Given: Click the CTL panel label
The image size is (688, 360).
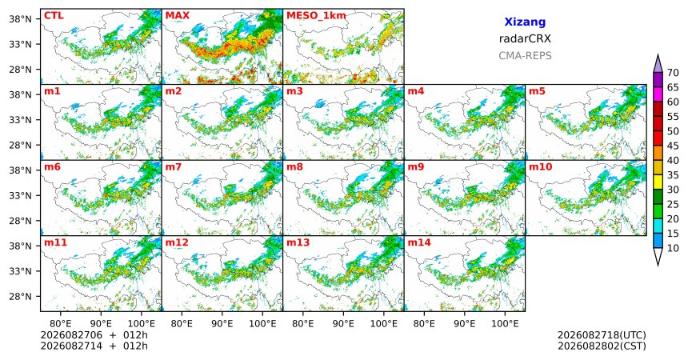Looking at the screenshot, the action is (x=54, y=16).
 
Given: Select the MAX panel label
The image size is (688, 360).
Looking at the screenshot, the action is (x=178, y=16).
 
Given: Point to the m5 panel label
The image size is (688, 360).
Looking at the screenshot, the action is (x=538, y=91).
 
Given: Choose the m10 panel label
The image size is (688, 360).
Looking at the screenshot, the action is (x=540, y=167).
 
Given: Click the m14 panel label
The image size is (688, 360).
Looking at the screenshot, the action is (x=419, y=242).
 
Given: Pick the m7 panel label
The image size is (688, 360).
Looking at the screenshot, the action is (x=174, y=167).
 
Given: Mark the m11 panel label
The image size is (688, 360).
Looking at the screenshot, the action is (x=55, y=242).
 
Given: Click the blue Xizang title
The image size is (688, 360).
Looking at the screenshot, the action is (x=525, y=22).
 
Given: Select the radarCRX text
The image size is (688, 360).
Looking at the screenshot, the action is (x=525, y=38).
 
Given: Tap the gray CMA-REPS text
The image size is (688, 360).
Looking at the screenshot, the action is (x=525, y=56).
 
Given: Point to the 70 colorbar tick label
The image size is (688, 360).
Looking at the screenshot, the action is (x=673, y=73).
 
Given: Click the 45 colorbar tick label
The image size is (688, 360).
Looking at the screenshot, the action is (x=673, y=146).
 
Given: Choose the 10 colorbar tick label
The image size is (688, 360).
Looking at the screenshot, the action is (x=673, y=248).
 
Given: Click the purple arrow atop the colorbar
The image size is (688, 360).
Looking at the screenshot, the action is (x=658, y=64).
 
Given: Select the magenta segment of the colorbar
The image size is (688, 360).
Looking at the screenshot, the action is (x=658, y=94).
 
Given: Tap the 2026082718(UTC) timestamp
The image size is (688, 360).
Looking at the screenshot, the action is (x=602, y=335).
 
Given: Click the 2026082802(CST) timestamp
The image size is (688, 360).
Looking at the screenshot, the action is (x=602, y=346).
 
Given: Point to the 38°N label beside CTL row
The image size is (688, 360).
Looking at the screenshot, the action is (x=20, y=19).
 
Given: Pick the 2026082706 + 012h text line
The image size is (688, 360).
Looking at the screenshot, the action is (x=94, y=335).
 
